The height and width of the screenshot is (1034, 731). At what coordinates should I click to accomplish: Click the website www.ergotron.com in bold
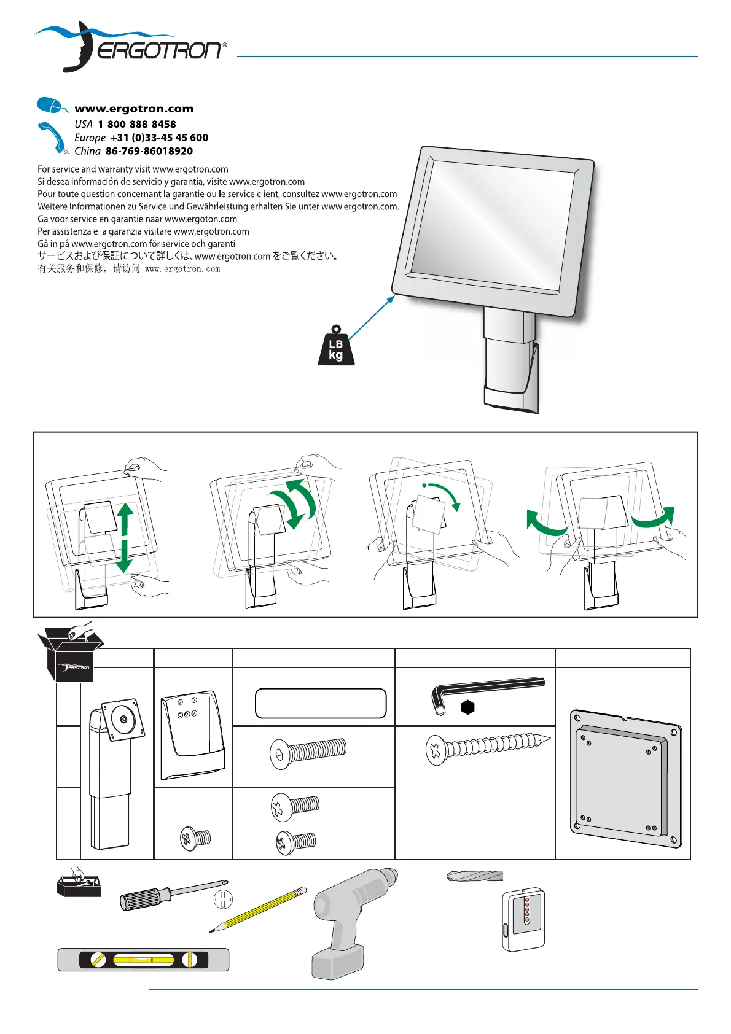coord(134,109)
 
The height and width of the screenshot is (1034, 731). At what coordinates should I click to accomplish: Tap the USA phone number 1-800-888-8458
coord(136,124)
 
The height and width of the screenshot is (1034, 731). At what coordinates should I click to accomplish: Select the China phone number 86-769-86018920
coord(149,151)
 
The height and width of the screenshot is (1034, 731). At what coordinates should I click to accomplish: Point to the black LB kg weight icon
coord(336,347)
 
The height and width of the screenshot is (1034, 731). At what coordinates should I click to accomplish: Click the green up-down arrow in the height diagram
coord(125,537)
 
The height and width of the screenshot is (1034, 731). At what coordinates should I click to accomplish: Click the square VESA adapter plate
coord(625,778)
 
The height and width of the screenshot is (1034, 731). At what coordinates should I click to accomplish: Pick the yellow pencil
coord(259,909)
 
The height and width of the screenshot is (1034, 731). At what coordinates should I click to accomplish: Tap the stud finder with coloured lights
coord(523,919)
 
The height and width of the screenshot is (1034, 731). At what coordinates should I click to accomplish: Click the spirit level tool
coord(143,959)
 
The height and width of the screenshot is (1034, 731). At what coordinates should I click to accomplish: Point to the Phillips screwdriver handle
coord(141,898)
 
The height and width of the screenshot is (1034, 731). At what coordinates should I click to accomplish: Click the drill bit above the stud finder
coord(475,876)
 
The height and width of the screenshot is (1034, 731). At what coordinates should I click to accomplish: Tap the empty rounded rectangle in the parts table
coord(321,704)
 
